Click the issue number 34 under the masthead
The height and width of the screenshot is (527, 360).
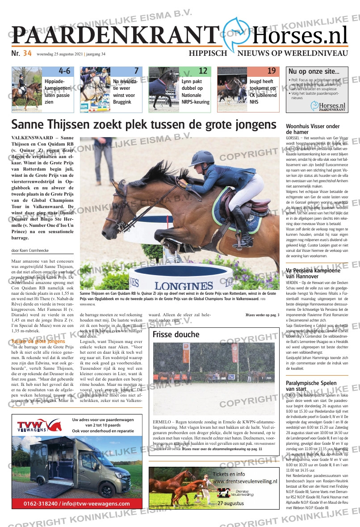coord(27,54)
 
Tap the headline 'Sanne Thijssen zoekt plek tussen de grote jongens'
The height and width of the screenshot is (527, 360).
coord(144,125)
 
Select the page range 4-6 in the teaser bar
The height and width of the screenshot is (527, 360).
coord(64,71)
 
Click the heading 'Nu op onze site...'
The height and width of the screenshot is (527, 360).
coord(314,71)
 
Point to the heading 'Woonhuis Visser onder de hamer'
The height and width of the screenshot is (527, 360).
coord(313,129)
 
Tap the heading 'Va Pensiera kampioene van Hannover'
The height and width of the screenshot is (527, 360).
coord(313,273)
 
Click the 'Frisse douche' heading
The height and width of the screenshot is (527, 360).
coord(176,335)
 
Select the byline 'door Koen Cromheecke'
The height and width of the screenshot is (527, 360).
coord(30,251)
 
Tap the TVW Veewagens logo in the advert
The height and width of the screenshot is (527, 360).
coord(40,427)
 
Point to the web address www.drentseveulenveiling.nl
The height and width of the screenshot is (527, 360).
coord(243,481)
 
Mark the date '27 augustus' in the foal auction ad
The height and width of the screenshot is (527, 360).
coord(230,503)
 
